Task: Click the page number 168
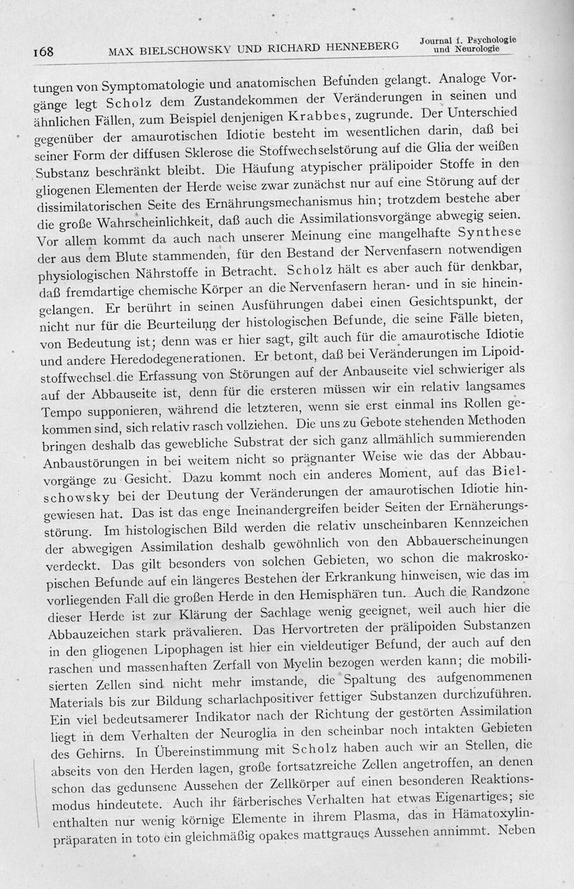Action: pos(44,52)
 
